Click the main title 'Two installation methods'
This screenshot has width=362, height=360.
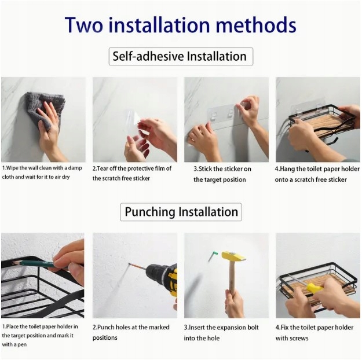[x=180, y=25]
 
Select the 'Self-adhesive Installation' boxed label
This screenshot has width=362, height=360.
[x=181, y=57]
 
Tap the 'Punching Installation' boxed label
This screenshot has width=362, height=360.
[x=181, y=212]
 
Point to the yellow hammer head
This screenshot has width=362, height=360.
[x=233, y=256]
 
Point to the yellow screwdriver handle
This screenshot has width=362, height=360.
[x=314, y=288]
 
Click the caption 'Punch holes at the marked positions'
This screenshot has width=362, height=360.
[x=131, y=332]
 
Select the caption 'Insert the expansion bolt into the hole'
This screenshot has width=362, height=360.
[x=221, y=333]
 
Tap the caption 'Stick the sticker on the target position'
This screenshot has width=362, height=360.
[x=222, y=174]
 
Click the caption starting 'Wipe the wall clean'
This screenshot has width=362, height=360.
[x=42, y=172]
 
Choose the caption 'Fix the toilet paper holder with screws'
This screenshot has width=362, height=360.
[x=314, y=333]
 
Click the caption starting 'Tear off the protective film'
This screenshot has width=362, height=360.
[x=132, y=173]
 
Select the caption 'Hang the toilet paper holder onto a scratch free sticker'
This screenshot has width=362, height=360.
[x=317, y=174]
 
